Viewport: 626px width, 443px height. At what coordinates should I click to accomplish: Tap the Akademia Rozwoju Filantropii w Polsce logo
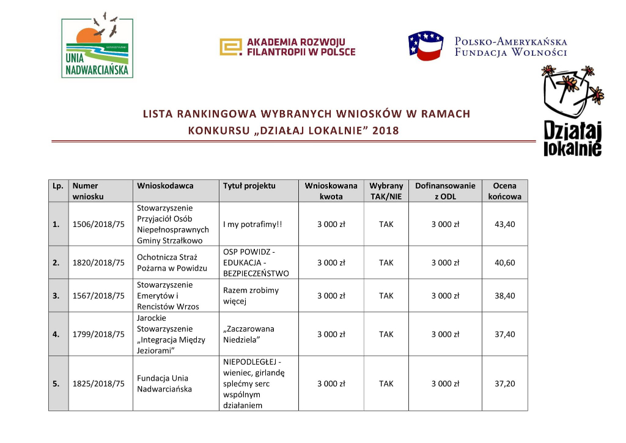(x=287, y=47)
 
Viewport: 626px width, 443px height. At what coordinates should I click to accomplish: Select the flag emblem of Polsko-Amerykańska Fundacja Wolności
(x=425, y=46)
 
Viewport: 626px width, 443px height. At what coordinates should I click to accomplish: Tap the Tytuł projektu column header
(x=249, y=186)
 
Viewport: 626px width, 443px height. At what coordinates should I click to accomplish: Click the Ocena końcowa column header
(x=504, y=191)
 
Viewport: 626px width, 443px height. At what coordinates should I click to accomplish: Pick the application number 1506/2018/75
(x=98, y=225)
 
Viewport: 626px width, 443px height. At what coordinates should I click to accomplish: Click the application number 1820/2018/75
(x=98, y=263)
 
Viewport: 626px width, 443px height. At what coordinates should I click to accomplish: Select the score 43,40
(x=505, y=225)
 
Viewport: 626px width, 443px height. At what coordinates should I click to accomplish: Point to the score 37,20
(x=505, y=384)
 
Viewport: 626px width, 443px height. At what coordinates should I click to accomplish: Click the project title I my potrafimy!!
(x=252, y=225)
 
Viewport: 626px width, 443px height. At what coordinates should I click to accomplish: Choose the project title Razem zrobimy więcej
(x=251, y=296)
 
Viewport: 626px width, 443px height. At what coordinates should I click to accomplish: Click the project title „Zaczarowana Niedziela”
(x=249, y=334)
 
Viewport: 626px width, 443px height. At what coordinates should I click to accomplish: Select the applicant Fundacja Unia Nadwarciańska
(x=163, y=384)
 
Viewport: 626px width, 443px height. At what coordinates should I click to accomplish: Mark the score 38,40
(x=505, y=296)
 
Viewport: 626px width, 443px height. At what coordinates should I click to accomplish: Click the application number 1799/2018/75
(x=98, y=335)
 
